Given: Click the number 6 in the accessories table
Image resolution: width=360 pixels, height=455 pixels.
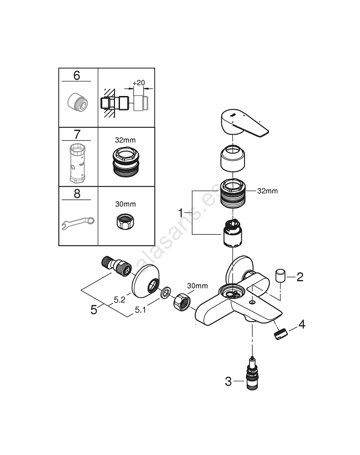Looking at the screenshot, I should tap(76, 76).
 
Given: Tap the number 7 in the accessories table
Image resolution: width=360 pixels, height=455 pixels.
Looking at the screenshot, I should tap(76, 135).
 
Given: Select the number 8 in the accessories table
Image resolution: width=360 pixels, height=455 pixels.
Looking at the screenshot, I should tap(76, 194).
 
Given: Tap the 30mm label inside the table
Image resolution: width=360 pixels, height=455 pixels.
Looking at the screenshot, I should tap(125, 204).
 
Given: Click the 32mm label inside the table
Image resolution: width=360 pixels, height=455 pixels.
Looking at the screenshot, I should tap(125, 141).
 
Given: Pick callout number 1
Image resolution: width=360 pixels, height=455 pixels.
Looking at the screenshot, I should tap(180, 212).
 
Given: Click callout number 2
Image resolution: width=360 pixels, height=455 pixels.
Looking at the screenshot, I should tap(300, 277).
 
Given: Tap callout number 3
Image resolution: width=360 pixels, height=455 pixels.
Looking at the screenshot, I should tap(228, 381).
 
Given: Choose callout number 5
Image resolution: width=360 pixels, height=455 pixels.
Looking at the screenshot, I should tap(94, 310).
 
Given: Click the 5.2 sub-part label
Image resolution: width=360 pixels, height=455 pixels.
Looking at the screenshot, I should tap(120, 300).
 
